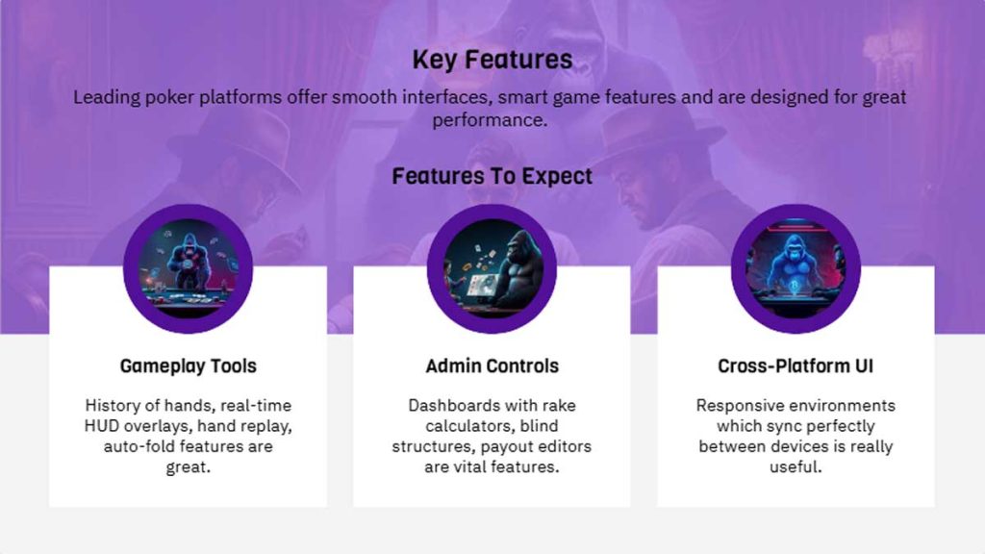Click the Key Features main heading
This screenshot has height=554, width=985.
click(492, 60)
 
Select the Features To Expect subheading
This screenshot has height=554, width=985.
click(492, 176)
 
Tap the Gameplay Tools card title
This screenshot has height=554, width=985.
click(188, 366)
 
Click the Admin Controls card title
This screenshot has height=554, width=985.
click(492, 366)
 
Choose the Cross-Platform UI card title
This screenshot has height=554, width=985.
click(796, 366)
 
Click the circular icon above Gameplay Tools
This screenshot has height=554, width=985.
click(188, 268)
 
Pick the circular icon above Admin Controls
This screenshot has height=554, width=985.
click(492, 268)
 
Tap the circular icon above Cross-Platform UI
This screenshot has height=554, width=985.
click(796, 268)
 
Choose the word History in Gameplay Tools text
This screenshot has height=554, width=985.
click(114, 406)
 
